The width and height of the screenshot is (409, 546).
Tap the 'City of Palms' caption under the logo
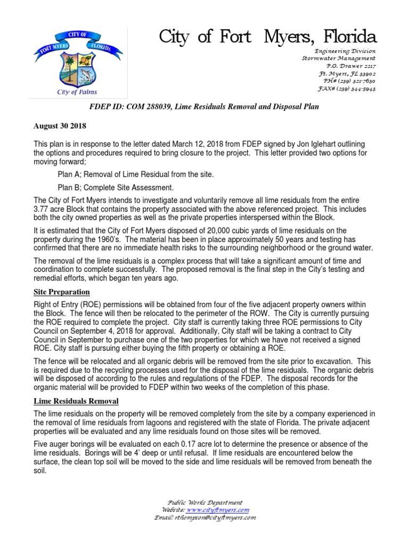pyautogui.click(x=77, y=92)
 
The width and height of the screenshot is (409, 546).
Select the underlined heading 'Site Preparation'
pyautogui.click(x=61, y=292)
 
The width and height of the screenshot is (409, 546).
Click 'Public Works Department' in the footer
pyautogui.click(x=205, y=502)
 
